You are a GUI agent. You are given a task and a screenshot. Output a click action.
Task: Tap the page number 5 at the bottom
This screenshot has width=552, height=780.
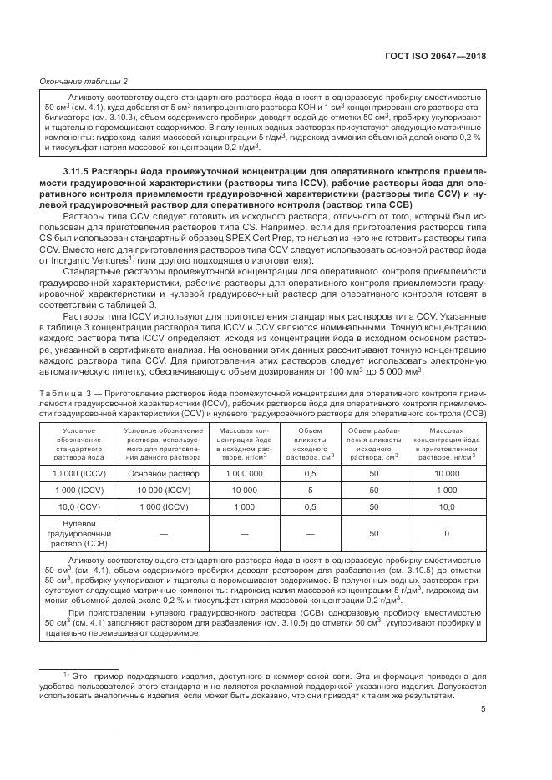pos(484,710)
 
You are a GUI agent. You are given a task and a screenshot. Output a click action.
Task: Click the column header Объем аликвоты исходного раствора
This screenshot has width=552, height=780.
pos(311,445)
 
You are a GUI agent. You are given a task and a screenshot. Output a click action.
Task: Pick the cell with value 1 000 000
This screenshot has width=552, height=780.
pos(244,473)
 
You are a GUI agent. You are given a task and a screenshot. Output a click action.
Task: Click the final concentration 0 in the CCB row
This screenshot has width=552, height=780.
pos(447,533)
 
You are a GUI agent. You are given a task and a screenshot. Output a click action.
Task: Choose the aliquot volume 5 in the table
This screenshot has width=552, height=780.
pos(311,490)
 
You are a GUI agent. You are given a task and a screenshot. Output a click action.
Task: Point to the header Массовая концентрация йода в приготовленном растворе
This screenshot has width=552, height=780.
pos(447,445)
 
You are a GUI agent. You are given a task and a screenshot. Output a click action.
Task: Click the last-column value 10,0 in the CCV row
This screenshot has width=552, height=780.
pos(447,506)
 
